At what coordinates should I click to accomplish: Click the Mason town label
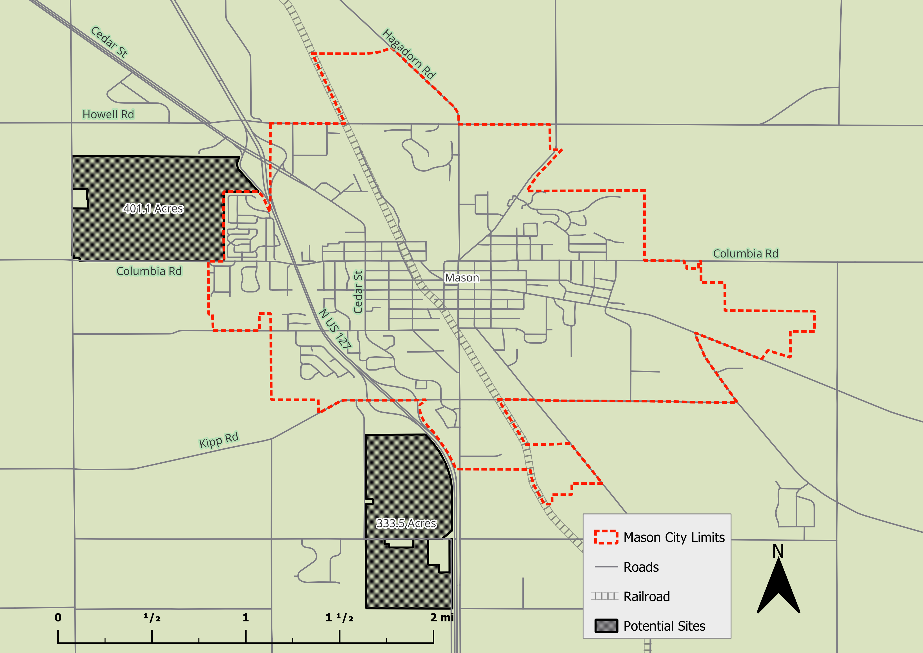pyautogui.click(x=462, y=278)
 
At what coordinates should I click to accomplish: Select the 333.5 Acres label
pyautogui.click(x=406, y=523)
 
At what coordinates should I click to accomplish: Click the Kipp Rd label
pyautogui.click(x=219, y=440)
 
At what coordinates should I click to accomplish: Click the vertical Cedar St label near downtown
pyautogui.click(x=358, y=292)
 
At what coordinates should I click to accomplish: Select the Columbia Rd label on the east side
pyautogui.click(x=746, y=254)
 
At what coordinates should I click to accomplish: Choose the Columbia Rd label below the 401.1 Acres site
pyautogui.click(x=149, y=271)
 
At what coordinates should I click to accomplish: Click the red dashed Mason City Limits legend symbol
pyautogui.click(x=606, y=537)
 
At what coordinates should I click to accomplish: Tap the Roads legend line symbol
pyautogui.click(x=606, y=567)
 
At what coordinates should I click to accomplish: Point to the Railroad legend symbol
pyautogui.click(x=605, y=596)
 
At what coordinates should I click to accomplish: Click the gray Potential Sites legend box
pyautogui.click(x=606, y=626)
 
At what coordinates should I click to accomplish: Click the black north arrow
pyautogui.click(x=778, y=587)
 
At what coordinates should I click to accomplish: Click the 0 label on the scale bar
pyautogui.click(x=58, y=618)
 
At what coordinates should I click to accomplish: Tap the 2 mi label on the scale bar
pyautogui.click(x=441, y=618)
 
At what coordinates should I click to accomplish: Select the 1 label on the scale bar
pyautogui.click(x=246, y=618)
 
